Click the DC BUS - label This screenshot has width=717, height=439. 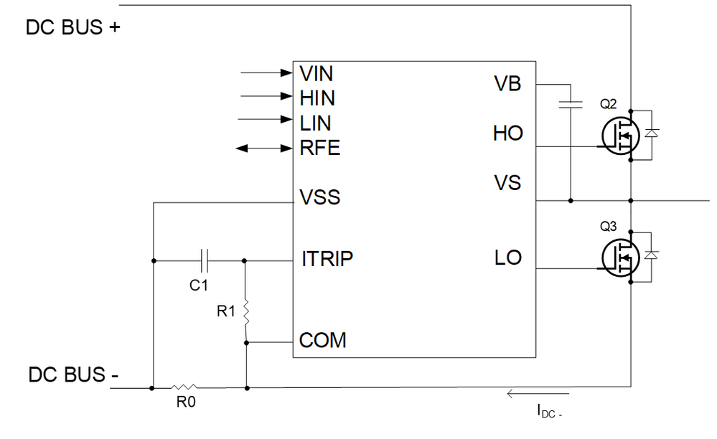click(x=73, y=375)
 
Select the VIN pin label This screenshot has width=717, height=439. click(x=317, y=73)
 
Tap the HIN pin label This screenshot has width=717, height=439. click(x=317, y=98)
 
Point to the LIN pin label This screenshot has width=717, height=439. click(x=315, y=123)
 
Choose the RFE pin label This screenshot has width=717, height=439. click(x=319, y=148)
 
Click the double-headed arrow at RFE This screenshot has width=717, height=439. click(x=262, y=148)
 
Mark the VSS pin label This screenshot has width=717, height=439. click(x=319, y=197)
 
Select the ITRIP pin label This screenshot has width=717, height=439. click(x=327, y=259)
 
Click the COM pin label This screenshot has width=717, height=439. click(x=322, y=340)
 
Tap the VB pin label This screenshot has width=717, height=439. click(x=508, y=85)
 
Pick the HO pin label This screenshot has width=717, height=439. click(x=508, y=133)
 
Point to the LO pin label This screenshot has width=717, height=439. click(x=508, y=258)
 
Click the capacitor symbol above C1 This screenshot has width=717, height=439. click(x=203, y=260)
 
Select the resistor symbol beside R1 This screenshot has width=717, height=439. click(x=245, y=311)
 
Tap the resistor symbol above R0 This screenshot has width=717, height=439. click(x=185, y=388)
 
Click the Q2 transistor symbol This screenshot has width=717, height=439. click(x=619, y=135)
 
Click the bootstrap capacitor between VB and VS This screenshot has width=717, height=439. click(x=571, y=104)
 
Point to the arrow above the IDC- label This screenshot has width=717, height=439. click(x=538, y=394)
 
